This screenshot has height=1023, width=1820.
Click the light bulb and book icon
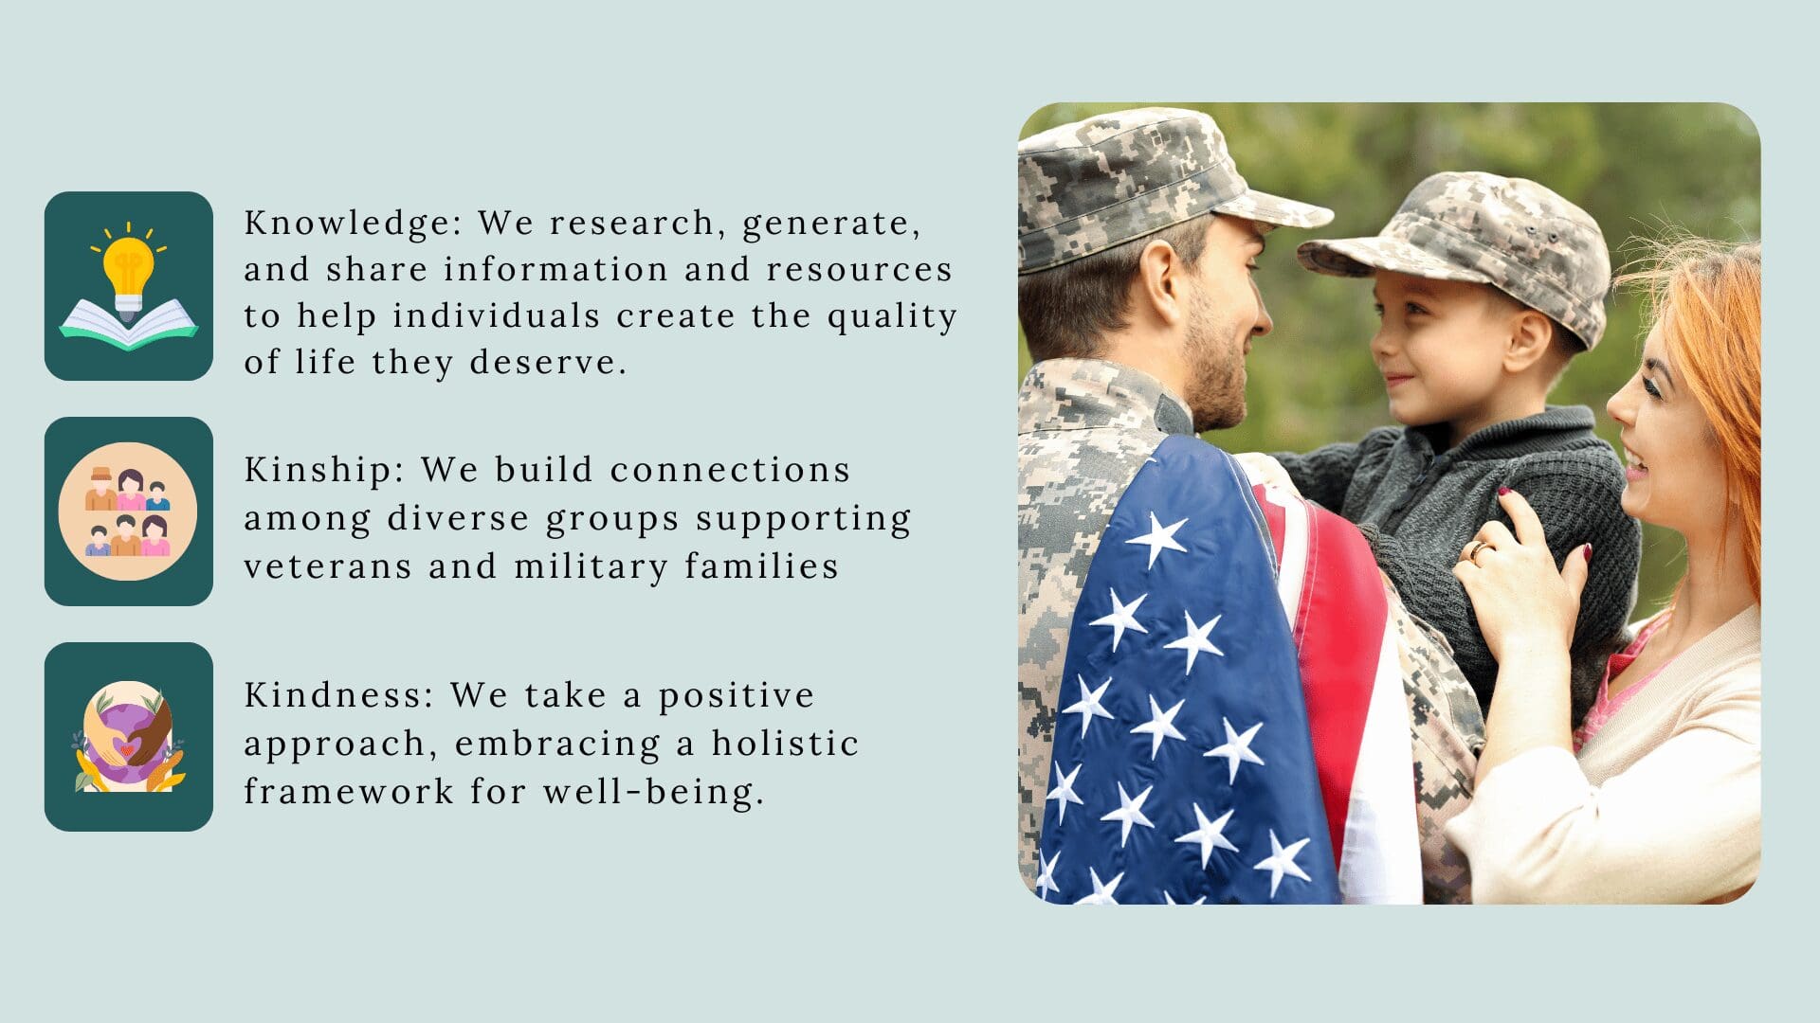pyautogui.click(x=129, y=286)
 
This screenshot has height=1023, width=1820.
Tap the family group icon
pyautogui.click(x=129, y=511)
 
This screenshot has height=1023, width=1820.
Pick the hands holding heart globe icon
pyautogui.click(x=129, y=737)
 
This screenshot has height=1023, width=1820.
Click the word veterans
pyautogui.click(x=328, y=566)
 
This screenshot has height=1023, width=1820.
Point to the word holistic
pyautogui.click(x=785, y=744)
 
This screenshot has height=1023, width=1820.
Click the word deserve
pyautogui.click(x=547, y=363)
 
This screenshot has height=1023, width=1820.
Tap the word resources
pyautogui.click(x=859, y=270)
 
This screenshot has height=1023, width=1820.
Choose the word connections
pyautogui.click(x=730, y=471)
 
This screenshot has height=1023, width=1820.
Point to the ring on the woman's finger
pyautogui.click(x=1479, y=550)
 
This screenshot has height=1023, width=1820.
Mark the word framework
pyautogui.click(x=348, y=792)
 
